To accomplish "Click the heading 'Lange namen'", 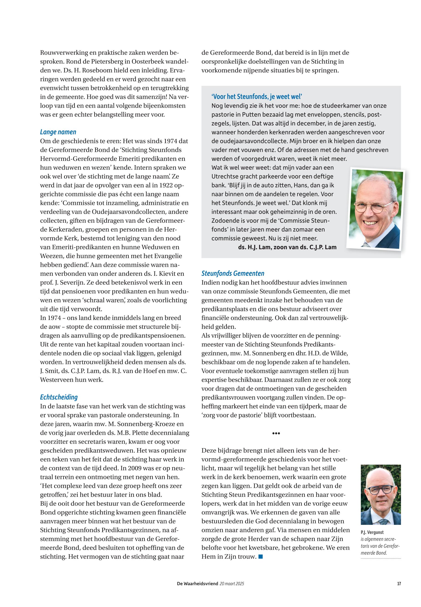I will [x=58, y=132].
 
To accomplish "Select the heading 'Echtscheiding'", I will [x=59, y=397].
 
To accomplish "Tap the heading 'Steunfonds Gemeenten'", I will [x=233, y=273].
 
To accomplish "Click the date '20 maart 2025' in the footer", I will [x=232, y=584].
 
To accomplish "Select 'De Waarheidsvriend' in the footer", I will [x=197, y=584].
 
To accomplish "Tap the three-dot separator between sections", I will [x=276, y=433].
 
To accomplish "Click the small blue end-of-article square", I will [x=261, y=557].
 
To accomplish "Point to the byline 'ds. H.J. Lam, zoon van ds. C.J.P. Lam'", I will [x=287, y=247].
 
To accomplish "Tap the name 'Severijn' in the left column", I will [x=74, y=283].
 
